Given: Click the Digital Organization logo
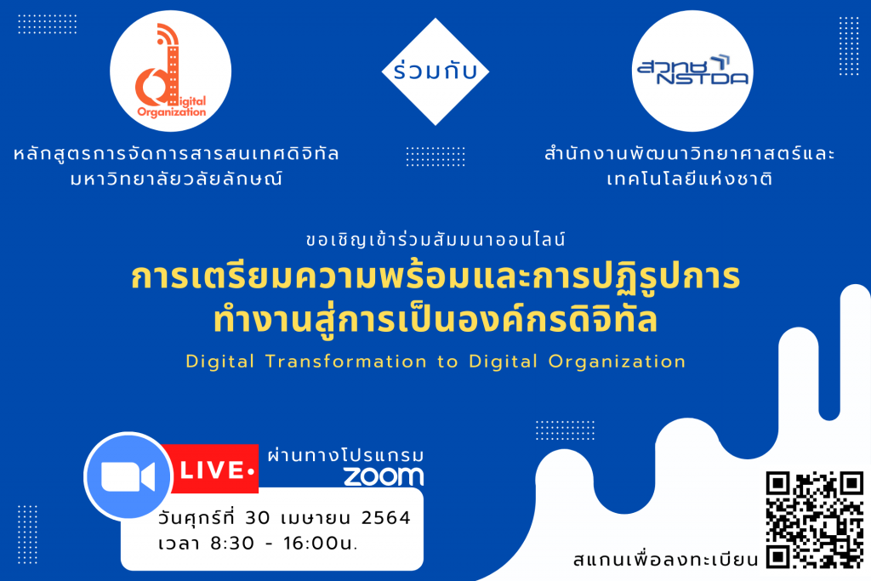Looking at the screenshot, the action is pyautogui.click(x=170, y=71).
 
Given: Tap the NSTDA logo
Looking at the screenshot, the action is pyautogui.click(x=692, y=71).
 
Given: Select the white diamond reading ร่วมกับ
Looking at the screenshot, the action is pyautogui.click(x=435, y=71).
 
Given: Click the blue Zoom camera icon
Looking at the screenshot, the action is pyautogui.click(x=128, y=476).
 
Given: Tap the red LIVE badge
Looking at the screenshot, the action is pyautogui.click(x=213, y=469).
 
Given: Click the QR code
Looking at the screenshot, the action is pyautogui.click(x=814, y=520).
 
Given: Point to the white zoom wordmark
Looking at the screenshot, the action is pyautogui.click(x=384, y=476).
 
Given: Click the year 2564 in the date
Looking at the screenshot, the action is pyautogui.click(x=385, y=518).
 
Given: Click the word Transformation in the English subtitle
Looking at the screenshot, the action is pyautogui.click(x=346, y=362).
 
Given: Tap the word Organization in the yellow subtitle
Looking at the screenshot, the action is pyautogui.click(x=617, y=362).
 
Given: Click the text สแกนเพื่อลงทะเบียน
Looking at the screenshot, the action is pyautogui.click(x=665, y=558).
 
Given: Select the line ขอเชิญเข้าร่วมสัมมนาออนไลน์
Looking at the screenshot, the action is pyautogui.click(x=435, y=239).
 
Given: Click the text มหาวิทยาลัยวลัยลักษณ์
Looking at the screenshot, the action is pyautogui.click(x=177, y=179).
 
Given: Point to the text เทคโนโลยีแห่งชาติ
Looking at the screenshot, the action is pyautogui.click(x=689, y=179).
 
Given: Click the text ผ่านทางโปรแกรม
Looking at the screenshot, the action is pyautogui.click(x=345, y=455).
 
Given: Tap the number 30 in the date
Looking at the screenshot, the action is pyautogui.click(x=257, y=518).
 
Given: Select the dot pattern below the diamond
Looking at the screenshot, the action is pyautogui.click(x=435, y=157).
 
